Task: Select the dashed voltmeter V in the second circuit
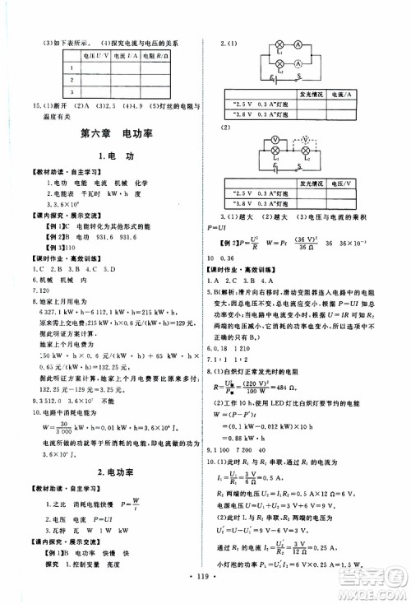(x=305, y=141)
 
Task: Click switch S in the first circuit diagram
(x=300, y=79)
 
